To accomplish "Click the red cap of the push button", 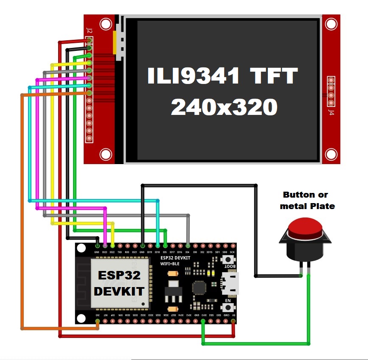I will (x=304, y=229).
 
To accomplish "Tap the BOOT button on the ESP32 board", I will (x=230, y=260).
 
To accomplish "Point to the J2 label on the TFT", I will (x=89, y=31).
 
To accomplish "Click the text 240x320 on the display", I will (x=224, y=107).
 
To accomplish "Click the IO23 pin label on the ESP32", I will (x=105, y=252).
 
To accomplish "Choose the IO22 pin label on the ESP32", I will (x=112, y=252).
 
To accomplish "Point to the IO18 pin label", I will (x=157, y=252).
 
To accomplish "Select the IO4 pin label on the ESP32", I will (x=188, y=252).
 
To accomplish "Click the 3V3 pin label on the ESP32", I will (x=98, y=315).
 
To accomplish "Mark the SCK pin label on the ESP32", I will (x=232, y=252).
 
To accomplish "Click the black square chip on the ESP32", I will (x=199, y=288).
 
